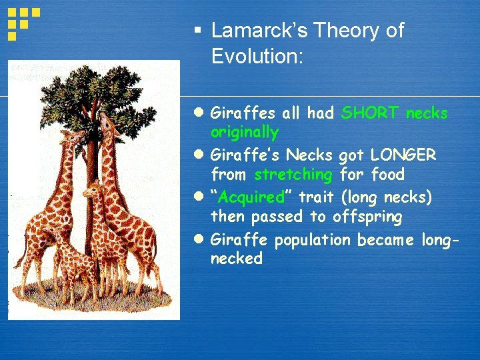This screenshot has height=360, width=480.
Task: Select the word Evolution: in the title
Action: coord(257,56)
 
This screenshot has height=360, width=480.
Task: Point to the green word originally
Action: coord(244,132)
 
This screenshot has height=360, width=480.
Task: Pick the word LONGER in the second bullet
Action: coord(403,155)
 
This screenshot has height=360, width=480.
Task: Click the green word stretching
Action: coord(293,175)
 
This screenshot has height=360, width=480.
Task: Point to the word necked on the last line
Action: coord(236,258)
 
